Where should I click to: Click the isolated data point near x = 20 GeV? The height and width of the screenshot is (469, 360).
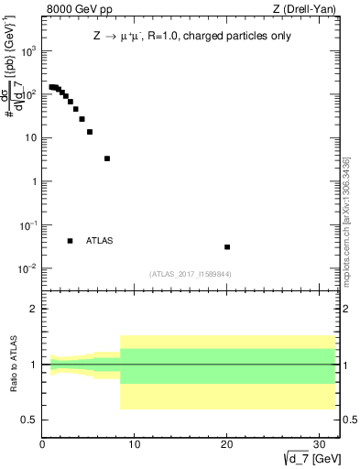pos(227,246)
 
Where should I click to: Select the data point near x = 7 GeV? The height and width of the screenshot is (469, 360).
pos(107,158)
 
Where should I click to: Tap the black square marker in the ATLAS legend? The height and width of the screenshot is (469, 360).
pos(71,241)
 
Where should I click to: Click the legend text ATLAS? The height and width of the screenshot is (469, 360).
pos(99,241)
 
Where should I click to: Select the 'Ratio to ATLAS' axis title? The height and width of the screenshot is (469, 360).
pos(12,364)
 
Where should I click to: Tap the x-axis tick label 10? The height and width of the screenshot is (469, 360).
pos(135,444)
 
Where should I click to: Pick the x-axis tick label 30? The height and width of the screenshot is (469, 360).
pos(320,444)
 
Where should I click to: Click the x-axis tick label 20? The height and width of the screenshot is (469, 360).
pos(227,444)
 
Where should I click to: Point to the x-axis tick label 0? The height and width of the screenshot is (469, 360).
pos(42,444)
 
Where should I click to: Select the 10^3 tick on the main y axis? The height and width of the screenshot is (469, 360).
pos(27,51)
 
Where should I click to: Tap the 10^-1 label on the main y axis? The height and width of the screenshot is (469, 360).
pos(27,225)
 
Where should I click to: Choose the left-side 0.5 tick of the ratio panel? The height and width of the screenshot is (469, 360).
pos(30,420)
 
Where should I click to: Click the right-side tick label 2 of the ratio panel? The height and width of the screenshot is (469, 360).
pos(349,310)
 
